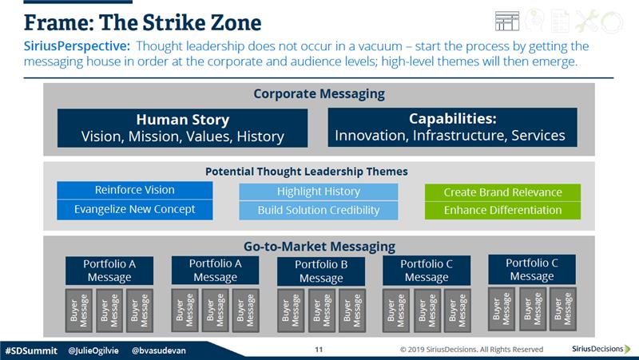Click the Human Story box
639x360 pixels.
[183, 128]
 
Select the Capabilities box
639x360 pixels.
[452, 127]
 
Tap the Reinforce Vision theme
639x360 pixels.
[134, 190]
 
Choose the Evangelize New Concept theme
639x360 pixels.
[134, 210]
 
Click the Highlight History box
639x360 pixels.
[318, 192]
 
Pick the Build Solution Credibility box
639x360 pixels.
[318, 211]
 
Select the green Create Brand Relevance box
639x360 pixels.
[502, 192]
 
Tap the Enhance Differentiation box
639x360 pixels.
[502, 211]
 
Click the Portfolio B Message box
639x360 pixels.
[321, 271]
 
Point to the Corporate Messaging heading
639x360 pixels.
[319, 93]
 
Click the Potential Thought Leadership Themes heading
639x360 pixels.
[307, 172]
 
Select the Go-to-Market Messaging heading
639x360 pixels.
[319, 247]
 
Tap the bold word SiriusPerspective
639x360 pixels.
[77, 46]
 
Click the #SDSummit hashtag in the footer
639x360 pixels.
[31, 350]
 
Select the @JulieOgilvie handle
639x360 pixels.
[93, 350]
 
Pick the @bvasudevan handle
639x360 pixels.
[158, 350]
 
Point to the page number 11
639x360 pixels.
[319, 350]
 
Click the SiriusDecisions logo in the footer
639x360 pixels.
[601, 349]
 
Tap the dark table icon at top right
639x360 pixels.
[507, 22]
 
